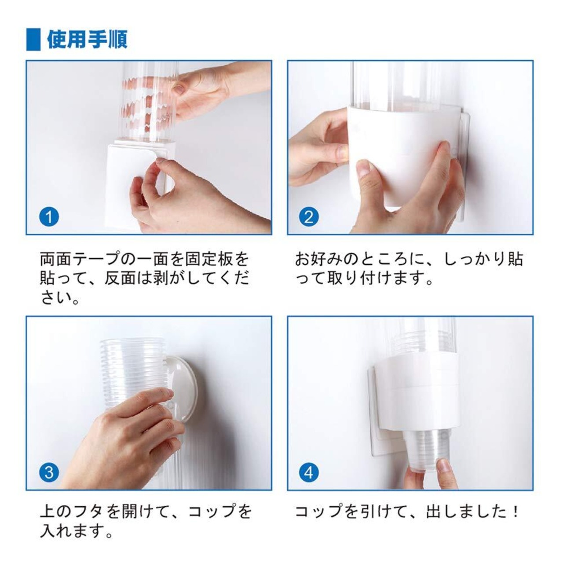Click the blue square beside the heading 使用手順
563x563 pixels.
pyautogui.click(x=33, y=40)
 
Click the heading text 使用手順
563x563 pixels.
pyautogui.click(x=87, y=40)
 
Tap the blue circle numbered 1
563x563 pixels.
pyautogui.click(x=49, y=217)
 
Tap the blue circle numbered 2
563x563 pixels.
pyautogui.click(x=309, y=217)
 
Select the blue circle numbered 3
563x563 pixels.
pyautogui.click(x=49, y=472)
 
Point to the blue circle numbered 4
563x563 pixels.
pyautogui.click(x=309, y=472)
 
